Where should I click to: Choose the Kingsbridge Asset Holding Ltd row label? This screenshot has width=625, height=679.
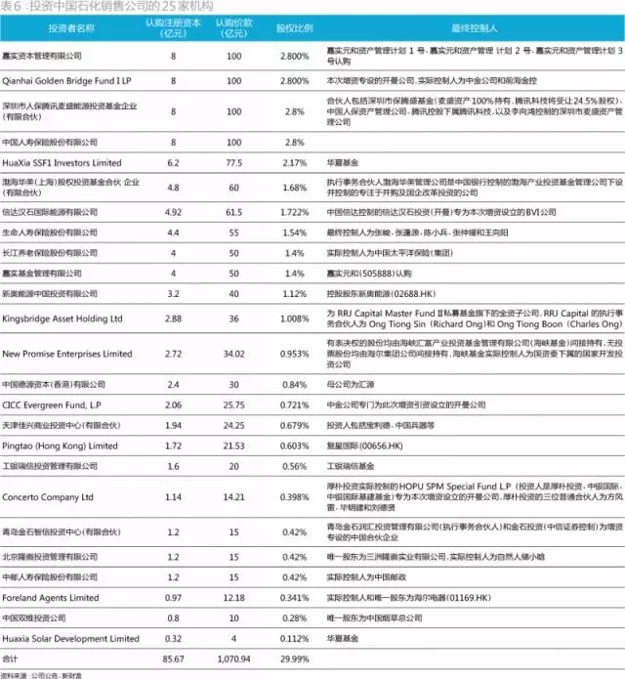62,318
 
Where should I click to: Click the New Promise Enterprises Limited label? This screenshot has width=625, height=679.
67,354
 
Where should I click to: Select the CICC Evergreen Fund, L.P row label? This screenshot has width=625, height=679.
57,403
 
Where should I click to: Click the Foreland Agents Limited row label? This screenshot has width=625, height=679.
51,597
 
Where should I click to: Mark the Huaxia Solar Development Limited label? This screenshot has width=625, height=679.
71,638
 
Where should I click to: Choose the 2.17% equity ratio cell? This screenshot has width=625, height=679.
294,162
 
